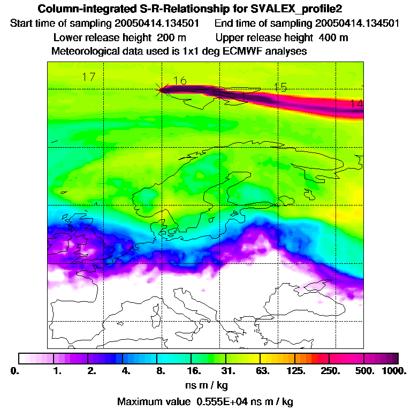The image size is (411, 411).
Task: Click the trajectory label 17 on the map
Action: click(x=89, y=77)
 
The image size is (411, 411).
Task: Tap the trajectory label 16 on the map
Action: click(x=180, y=81)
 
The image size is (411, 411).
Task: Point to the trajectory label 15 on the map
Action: click(x=280, y=87)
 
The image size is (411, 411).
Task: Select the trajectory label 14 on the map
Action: click(x=356, y=104)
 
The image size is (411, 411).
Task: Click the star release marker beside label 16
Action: click(x=161, y=89)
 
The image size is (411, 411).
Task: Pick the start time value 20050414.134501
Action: click(x=157, y=24)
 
